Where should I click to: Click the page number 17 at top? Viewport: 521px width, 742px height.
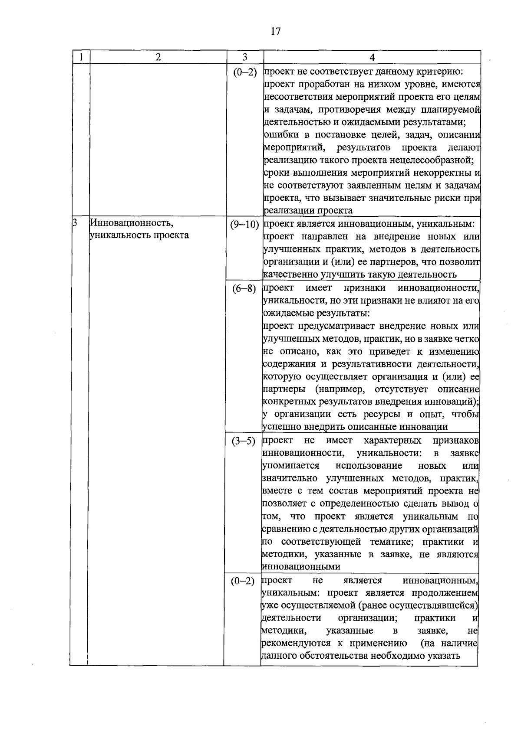(x=275, y=31)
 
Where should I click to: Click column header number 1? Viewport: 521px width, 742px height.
(x=81, y=57)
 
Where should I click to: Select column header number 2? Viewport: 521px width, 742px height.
(x=158, y=57)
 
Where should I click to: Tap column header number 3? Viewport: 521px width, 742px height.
(x=245, y=57)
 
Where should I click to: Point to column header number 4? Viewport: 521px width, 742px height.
(x=372, y=57)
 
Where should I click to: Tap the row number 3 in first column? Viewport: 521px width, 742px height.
(x=74, y=223)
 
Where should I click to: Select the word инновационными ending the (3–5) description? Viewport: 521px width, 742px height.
(x=301, y=567)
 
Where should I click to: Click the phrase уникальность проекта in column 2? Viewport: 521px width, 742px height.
(x=139, y=235)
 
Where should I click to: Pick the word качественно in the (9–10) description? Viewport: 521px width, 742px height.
(x=290, y=275)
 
